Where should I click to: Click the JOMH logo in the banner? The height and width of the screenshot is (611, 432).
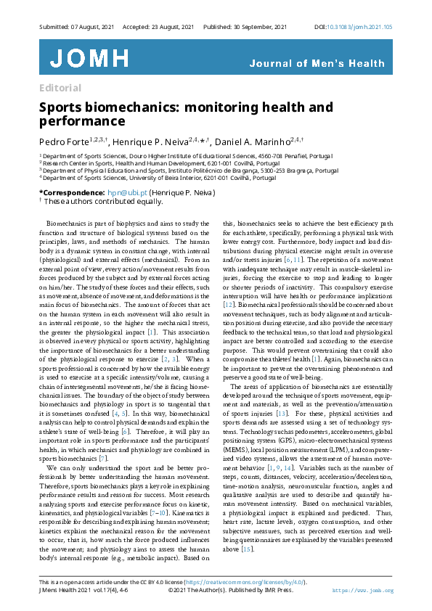(x=89, y=59)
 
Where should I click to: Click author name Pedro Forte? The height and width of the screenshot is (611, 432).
(x=64, y=140)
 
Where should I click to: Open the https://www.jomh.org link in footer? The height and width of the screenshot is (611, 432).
(x=362, y=591)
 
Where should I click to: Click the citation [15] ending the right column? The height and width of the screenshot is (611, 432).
(x=248, y=549)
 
